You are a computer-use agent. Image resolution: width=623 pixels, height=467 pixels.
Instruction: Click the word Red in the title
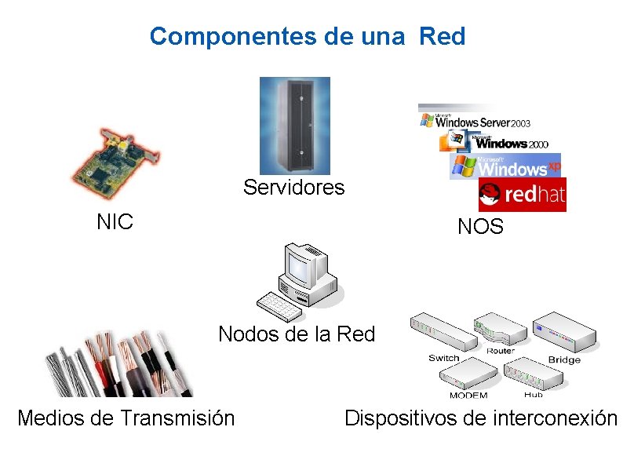tap(443, 36)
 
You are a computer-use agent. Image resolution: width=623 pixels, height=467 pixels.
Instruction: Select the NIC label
tap(115, 221)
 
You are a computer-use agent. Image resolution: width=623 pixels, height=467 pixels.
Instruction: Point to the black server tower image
tap(295, 126)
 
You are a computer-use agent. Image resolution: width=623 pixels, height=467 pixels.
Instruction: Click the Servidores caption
tap(293, 188)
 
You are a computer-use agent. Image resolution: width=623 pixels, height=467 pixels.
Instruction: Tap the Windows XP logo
tap(506, 166)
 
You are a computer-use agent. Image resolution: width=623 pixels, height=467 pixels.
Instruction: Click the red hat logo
tap(523, 195)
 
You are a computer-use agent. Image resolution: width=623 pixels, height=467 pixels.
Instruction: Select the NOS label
tap(480, 228)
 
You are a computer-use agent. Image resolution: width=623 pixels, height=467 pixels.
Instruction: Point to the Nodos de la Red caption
tap(297, 334)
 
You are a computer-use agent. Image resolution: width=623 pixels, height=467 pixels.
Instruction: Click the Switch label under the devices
tap(443, 358)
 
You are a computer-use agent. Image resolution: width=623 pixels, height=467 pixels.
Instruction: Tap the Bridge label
tap(564, 359)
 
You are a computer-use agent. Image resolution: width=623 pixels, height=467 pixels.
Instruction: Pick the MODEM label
tap(468, 395)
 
